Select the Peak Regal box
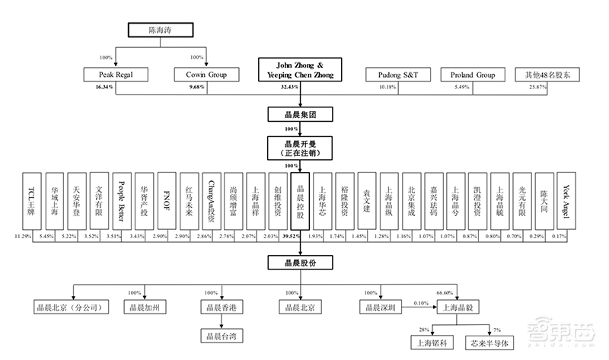click(x=116, y=75)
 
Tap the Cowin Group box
click(x=207, y=75)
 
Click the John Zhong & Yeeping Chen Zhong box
click(x=299, y=70)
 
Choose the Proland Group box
click(x=472, y=75)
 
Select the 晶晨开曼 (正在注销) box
click(x=299, y=146)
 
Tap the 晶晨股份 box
click(x=299, y=263)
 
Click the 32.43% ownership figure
click(x=290, y=88)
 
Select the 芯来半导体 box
click(x=496, y=342)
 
